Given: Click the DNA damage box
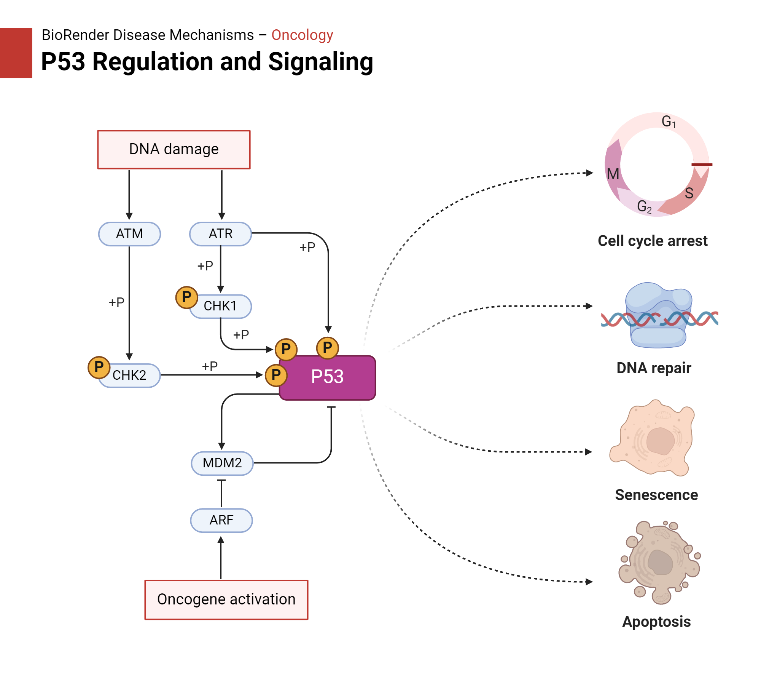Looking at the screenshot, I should pyautogui.click(x=174, y=149).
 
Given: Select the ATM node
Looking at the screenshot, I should pyautogui.click(x=129, y=233).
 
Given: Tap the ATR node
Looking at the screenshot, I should pyautogui.click(x=220, y=233).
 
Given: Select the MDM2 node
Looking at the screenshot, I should pyautogui.click(x=222, y=463).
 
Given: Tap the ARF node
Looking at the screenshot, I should pyautogui.click(x=221, y=520).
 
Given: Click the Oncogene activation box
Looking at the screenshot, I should pyautogui.click(x=226, y=599).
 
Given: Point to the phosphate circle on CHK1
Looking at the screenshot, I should pyautogui.click(x=186, y=297).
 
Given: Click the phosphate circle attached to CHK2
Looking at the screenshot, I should pyautogui.click(x=99, y=367).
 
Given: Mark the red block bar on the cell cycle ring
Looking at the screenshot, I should pyautogui.click(x=702, y=165).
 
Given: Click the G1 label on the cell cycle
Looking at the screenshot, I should pyautogui.click(x=668, y=121).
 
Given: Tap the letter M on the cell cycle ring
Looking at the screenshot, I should pyautogui.click(x=613, y=174).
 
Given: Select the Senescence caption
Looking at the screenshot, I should pyautogui.click(x=656, y=495).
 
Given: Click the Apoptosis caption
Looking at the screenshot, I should pyautogui.click(x=656, y=622).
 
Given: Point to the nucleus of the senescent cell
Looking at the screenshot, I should pyautogui.click(x=660, y=441).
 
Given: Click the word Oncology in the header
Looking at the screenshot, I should pyautogui.click(x=302, y=35).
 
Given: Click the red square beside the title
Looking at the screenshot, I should pyautogui.click(x=16, y=53).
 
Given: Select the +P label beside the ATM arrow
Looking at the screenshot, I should pyautogui.click(x=116, y=302).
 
